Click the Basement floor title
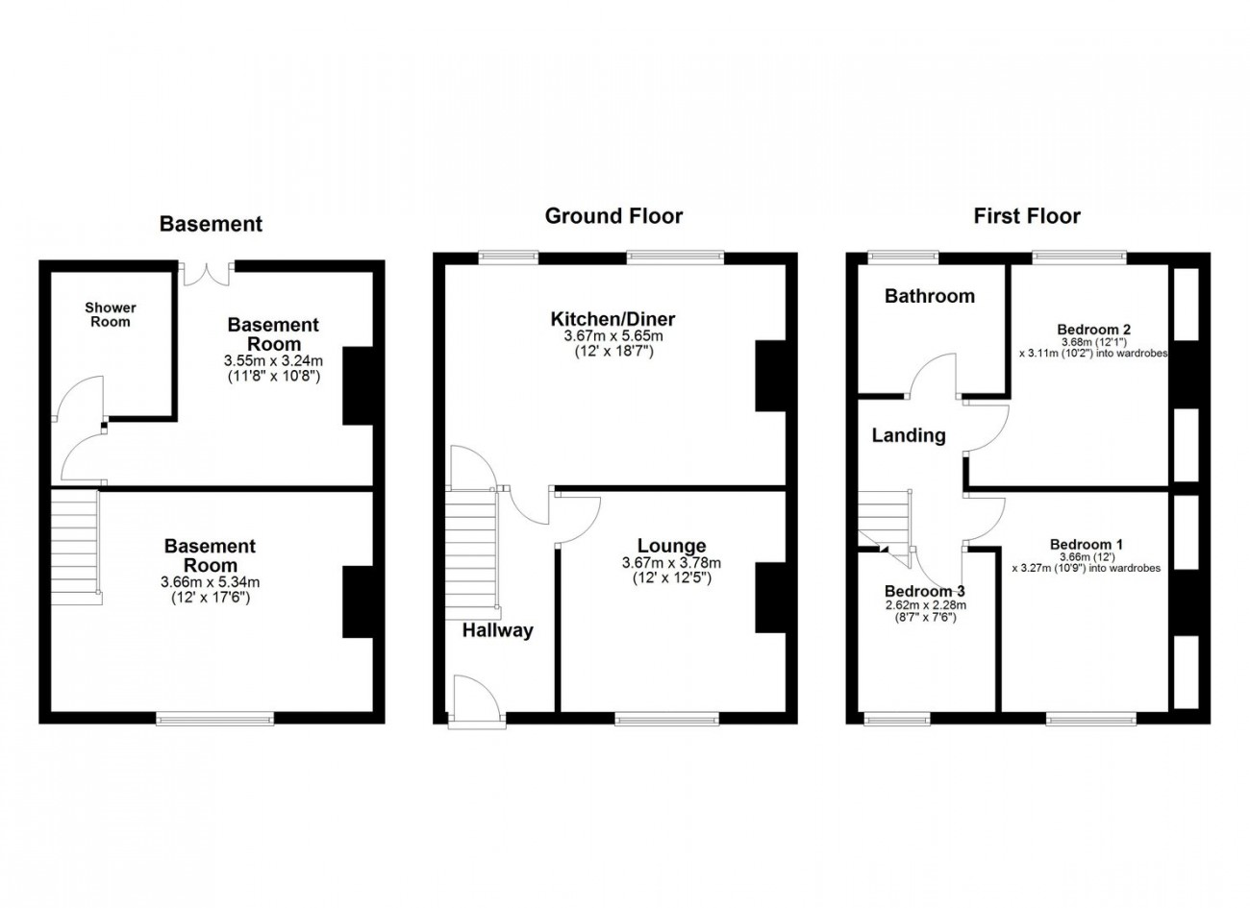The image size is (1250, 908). pos(211,224)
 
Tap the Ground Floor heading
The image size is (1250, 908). pos(613,216)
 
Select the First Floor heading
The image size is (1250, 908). pos(1027,216)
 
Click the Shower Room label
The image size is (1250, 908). pos(111,314)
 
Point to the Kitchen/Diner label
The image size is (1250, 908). pos(612,319)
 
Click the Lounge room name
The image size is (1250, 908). pos(671,546)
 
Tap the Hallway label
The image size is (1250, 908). pos(498,630)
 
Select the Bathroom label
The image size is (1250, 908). pos(930,296)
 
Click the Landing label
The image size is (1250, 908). pos(909,435)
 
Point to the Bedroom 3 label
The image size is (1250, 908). pos(925,591)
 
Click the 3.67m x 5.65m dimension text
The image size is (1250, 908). pos(613,336)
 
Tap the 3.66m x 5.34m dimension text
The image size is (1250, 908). pos(210,582)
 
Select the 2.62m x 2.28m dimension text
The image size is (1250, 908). pos(924,605)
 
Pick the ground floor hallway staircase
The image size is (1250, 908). pos(472,553)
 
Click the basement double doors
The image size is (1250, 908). pos(207,274)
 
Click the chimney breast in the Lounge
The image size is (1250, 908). pos(770,598)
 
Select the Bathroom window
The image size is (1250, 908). pos(904,258)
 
